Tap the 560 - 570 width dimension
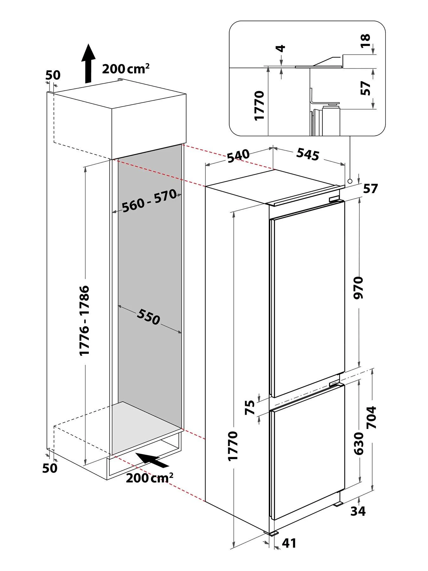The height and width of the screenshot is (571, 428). (x=149, y=200)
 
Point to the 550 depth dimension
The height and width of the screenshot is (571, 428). (x=148, y=317)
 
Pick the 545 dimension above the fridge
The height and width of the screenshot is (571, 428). (x=308, y=154)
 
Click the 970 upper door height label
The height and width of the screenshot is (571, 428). (x=359, y=287)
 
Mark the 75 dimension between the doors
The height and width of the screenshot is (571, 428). (x=250, y=408)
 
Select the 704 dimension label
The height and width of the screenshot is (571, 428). (x=372, y=417)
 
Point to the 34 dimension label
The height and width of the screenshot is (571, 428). (x=358, y=511)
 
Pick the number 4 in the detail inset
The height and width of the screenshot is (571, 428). (x=281, y=49)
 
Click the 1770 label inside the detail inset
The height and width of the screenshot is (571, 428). (x=259, y=105)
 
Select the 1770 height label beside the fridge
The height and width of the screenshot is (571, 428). (x=233, y=446)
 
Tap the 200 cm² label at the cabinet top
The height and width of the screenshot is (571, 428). (x=126, y=69)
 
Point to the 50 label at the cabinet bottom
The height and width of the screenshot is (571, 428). (x=50, y=468)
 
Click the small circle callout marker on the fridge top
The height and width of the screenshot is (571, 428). (x=350, y=181)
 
